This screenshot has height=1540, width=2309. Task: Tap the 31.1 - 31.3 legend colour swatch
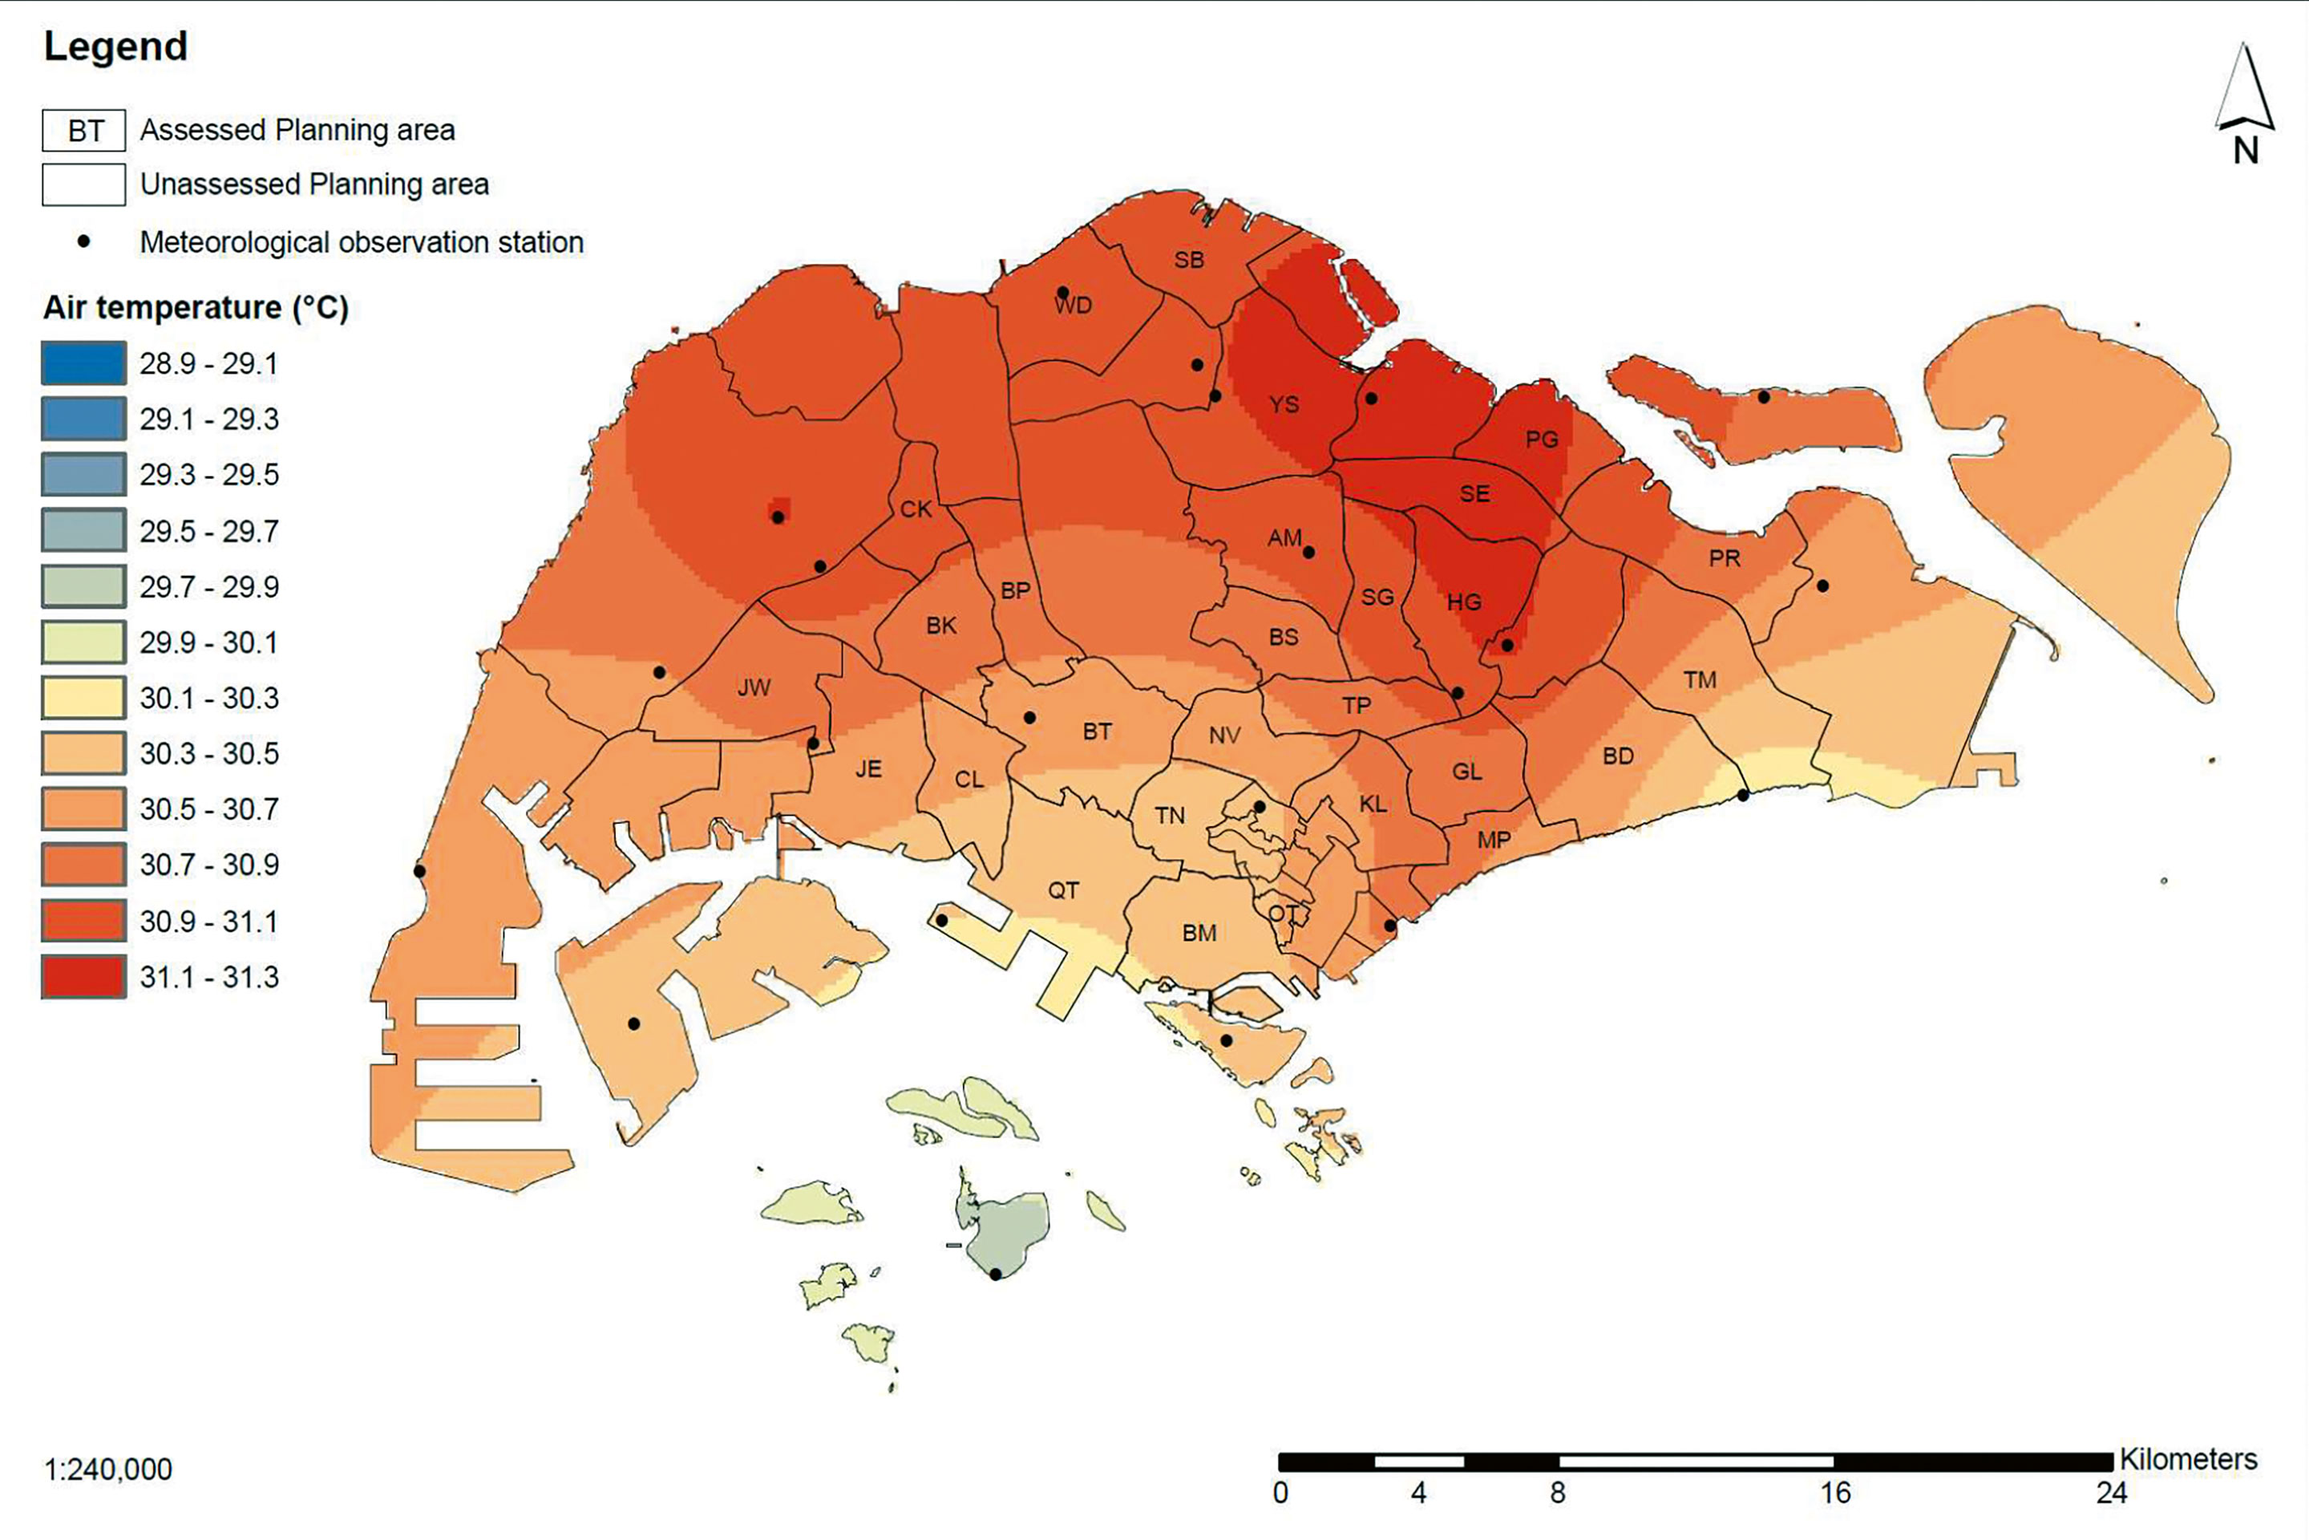coord(83,976)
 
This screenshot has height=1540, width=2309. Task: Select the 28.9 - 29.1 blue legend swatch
coord(83,363)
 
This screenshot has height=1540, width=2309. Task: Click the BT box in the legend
coord(84,131)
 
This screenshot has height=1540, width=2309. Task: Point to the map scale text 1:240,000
coord(108,1469)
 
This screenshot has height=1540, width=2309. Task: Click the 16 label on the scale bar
coord(1835,1493)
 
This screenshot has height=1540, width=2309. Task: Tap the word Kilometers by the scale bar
coord(2188,1460)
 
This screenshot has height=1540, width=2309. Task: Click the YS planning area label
coord(1283,404)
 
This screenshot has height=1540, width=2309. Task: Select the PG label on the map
coord(1541,439)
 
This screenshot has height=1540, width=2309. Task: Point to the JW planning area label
coord(754,687)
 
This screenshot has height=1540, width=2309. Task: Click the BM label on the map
coord(1199,933)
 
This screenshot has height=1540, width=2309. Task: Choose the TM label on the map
coord(1700,679)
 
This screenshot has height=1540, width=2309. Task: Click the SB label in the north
coord(1189,260)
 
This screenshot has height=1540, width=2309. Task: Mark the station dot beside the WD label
coord(1062,292)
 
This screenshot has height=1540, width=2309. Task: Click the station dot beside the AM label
coord(1308,552)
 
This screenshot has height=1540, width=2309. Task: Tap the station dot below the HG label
coord(1507,645)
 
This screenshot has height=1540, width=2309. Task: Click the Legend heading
coord(115,47)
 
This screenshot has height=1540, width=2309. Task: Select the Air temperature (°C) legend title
coord(196,307)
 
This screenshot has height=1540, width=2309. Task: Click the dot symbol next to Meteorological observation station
coord(84,241)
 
